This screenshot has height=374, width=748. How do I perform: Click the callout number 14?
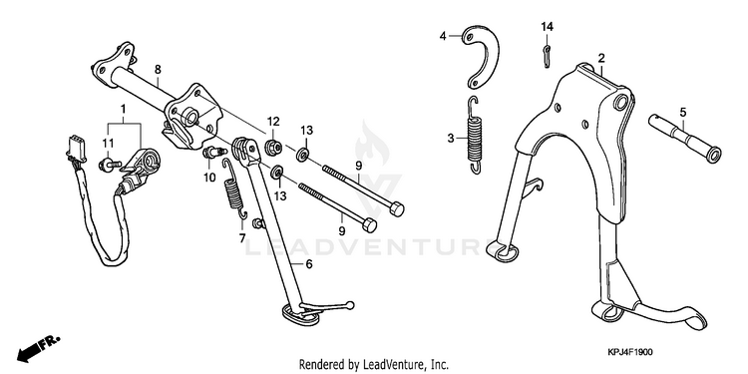pos(547,27)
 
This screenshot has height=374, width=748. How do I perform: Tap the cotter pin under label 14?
pos(548,55)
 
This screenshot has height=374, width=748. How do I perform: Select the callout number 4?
pos(443,36)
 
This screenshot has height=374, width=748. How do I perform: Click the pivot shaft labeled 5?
pos(684,138)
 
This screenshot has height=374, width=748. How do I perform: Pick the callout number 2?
pos(601,59)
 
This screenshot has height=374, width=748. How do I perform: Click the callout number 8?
pos(158,70)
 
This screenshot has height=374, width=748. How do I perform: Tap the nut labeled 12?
pos(273,147)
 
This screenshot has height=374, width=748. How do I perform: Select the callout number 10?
pos(209,178)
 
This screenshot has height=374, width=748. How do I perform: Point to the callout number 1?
pos(123,110)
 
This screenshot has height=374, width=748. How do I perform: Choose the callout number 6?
pos(309,264)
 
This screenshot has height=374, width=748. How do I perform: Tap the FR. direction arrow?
pos(38,348)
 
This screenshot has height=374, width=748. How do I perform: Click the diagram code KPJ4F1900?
pos(629,352)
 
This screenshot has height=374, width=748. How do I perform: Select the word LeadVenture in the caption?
pos(387,365)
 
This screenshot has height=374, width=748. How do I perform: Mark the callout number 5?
pos(682,113)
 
